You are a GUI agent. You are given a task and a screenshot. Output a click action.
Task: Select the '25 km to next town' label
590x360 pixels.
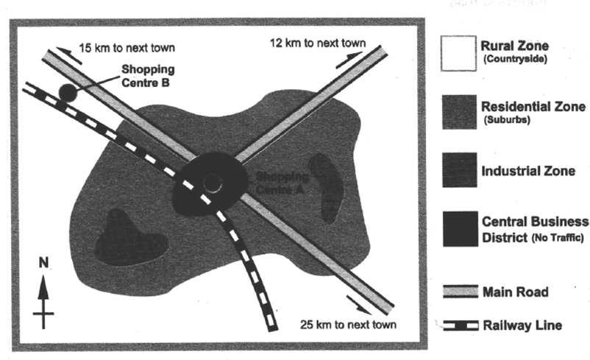click(348, 325)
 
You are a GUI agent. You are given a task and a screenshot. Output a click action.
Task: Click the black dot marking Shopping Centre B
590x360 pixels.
click(68, 93)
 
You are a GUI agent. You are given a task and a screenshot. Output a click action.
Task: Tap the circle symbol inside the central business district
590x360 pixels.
click(212, 183)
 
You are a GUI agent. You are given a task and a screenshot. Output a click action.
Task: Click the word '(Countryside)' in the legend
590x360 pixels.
click(515, 59)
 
